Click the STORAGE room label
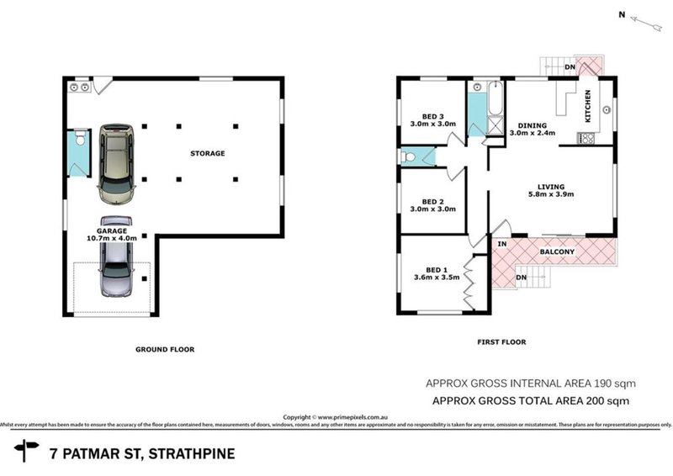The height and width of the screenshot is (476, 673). pyautogui.click(x=207, y=153)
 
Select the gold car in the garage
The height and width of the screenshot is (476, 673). pyautogui.click(x=116, y=164)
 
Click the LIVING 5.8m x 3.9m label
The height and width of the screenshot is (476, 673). pyautogui.click(x=551, y=191)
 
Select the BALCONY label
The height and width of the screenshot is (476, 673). pyautogui.click(x=557, y=251)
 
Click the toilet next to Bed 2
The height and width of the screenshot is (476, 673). pyautogui.click(x=409, y=156)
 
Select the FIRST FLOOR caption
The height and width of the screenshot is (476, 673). pyautogui.click(x=502, y=342)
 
